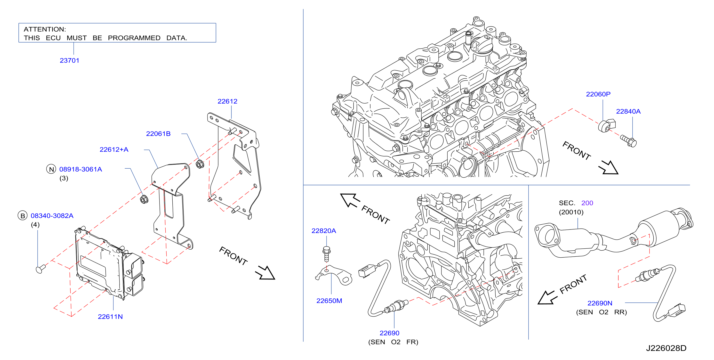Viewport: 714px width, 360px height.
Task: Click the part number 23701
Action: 70,60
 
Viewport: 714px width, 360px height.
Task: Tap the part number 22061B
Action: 158,134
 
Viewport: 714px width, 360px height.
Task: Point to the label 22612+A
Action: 114,149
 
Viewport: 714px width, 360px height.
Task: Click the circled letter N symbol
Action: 51,169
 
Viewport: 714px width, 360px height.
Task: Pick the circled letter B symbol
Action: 23,215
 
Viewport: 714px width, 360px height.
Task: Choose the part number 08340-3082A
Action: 52,215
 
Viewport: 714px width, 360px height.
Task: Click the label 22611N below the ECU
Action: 110,317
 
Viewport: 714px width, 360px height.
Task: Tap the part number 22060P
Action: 598,94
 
